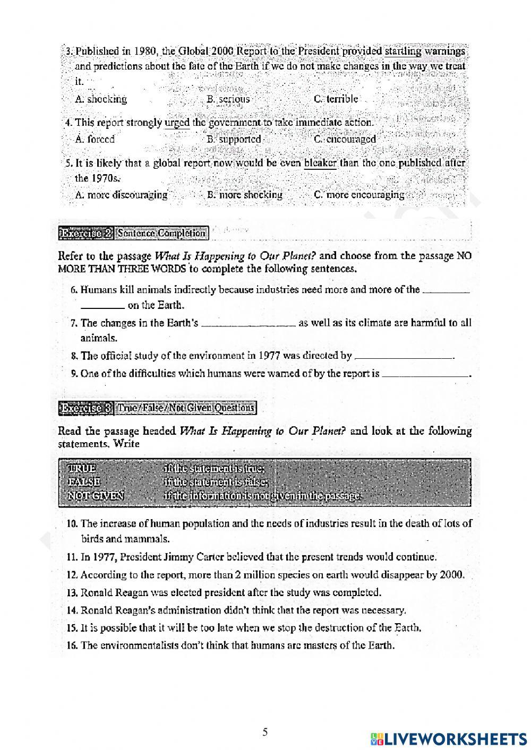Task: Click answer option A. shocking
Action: (101, 99)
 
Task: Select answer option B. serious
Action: (228, 99)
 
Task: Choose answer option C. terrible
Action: (336, 99)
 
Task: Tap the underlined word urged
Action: (177, 123)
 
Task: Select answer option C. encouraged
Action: (345, 139)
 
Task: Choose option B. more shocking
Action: (245, 195)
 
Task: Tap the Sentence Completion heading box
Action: (161, 233)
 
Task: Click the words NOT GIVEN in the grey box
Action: (96, 496)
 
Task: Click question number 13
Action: (73, 592)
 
